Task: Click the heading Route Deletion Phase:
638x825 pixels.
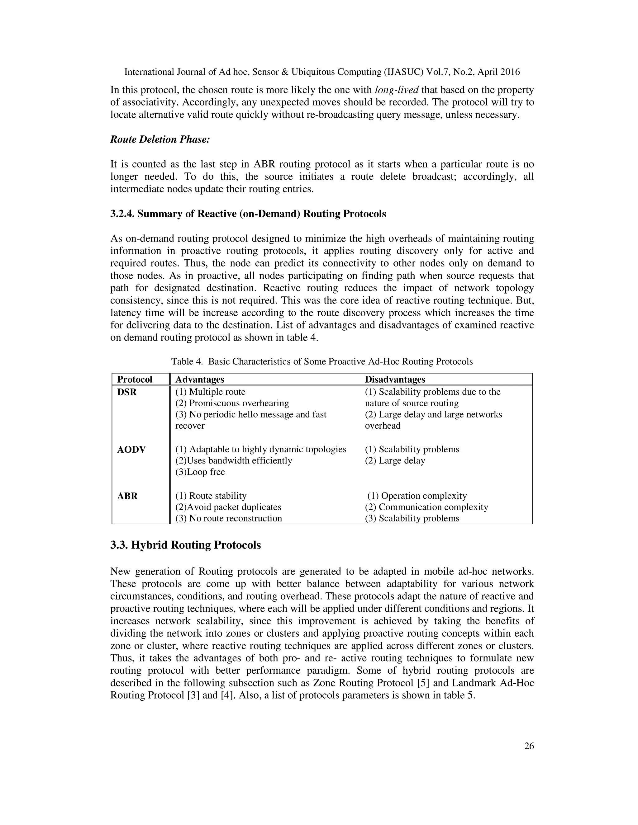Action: click(160, 139)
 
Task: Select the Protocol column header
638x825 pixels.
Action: click(135, 379)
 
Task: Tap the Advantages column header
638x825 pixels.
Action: click(200, 379)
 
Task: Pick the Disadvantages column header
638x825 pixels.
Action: click(395, 379)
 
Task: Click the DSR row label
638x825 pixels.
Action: click(127, 392)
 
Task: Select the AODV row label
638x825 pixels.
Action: click(131, 450)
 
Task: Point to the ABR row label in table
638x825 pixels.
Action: click(127, 496)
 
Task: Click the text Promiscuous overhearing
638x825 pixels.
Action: click(232, 403)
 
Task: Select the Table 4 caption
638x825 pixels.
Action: click(321, 361)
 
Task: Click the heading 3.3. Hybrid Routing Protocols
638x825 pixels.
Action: click(185, 545)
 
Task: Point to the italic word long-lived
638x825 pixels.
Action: click(397, 90)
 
